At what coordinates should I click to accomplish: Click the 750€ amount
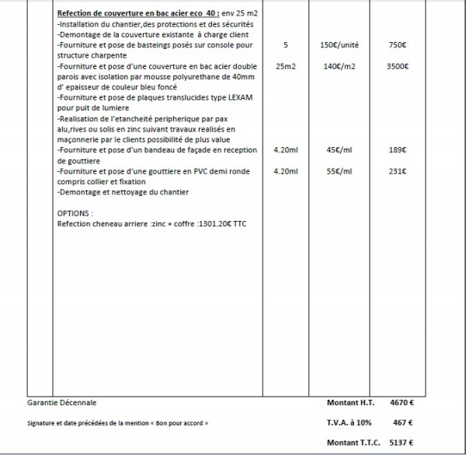coord(397,45)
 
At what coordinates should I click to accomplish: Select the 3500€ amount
coord(397,67)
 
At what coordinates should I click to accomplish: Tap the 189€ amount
coord(398,149)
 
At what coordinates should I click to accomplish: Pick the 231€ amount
coord(398,170)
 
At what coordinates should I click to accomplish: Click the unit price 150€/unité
coord(339,45)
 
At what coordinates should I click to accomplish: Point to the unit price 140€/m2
coord(339,67)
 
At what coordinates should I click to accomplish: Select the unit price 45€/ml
coord(339,149)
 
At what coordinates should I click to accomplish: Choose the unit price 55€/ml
coord(339,170)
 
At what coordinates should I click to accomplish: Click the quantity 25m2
coord(286,67)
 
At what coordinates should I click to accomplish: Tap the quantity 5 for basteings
coord(286,45)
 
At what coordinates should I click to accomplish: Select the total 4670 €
coord(400,403)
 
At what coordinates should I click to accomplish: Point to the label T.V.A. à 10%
coord(349,423)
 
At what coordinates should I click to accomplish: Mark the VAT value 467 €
coord(400,423)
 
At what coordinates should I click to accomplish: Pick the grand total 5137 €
coord(400,442)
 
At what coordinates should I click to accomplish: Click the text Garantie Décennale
coord(62,403)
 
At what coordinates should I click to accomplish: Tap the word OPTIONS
coord(75,212)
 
